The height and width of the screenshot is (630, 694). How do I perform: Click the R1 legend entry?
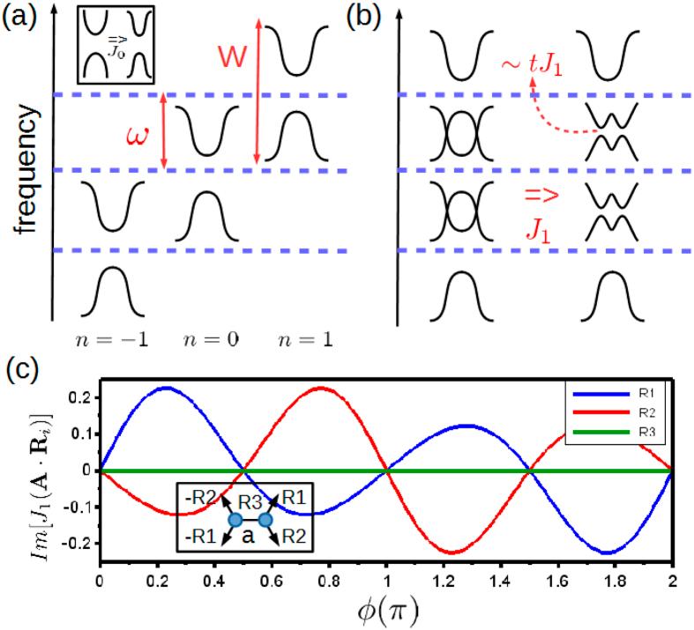(631, 390)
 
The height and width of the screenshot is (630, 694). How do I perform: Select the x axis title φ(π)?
(384, 611)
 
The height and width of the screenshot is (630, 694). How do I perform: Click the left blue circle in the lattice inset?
(236, 520)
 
